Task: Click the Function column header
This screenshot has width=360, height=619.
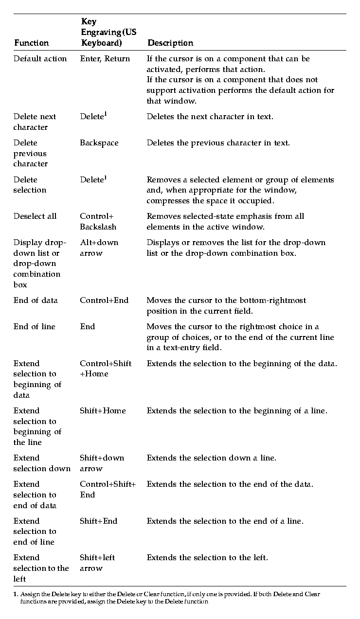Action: click(31, 43)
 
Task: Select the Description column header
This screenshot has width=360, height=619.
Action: click(170, 43)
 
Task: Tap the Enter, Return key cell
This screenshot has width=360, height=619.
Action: click(105, 59)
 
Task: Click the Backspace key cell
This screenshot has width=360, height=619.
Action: click(99, 143)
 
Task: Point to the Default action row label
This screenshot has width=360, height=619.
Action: click(40, 59)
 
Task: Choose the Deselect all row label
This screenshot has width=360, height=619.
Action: click(35, 216)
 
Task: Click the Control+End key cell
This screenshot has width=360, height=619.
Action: click(104, 301)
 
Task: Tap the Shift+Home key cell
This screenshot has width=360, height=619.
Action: click(103, 411)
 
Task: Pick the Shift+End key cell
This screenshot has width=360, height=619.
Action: click(98, 521)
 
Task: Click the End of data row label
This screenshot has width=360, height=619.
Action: click(36, 301)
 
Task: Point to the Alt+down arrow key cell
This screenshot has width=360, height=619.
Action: click(99, 248)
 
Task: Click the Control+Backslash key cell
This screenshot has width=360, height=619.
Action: click(98, 221)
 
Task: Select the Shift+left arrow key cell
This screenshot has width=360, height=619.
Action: click(97, 563)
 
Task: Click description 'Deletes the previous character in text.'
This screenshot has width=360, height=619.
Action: click(218, 143)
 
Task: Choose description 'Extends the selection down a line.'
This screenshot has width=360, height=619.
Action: click(211, 458)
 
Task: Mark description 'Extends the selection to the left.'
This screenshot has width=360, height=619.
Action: click(207, 558)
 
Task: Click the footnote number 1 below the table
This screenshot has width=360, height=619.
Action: click(15, 594)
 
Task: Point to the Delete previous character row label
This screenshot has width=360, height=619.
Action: click(30, 153)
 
